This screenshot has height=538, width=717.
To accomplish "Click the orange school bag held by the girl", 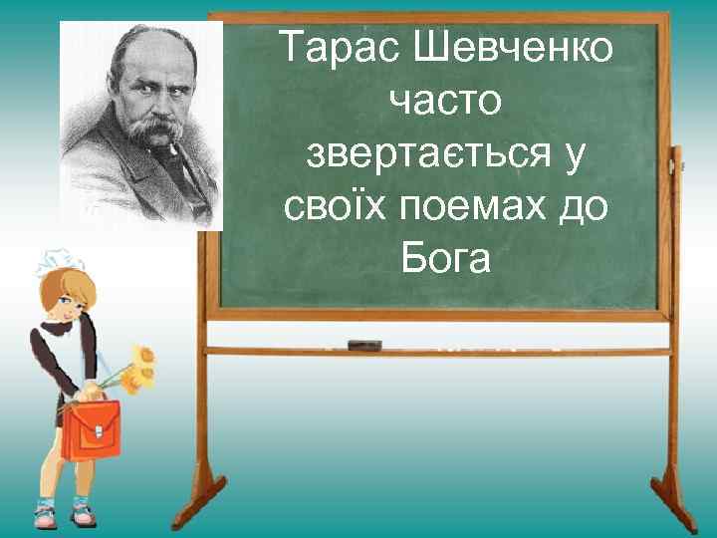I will pyautogui.click(x=91, y=428).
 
